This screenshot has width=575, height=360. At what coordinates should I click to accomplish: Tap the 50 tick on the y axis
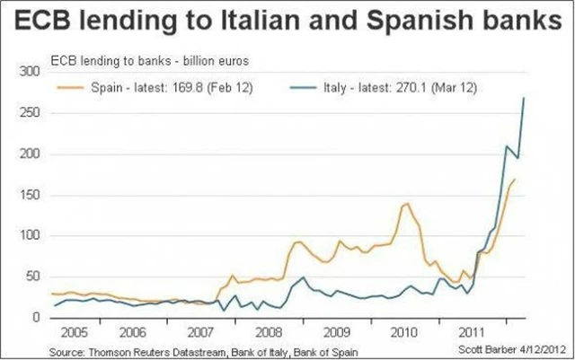point(33,277)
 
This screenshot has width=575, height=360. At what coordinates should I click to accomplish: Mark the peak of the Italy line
point(524,97)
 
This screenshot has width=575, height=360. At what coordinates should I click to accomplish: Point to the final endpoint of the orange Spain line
point(515,180)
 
